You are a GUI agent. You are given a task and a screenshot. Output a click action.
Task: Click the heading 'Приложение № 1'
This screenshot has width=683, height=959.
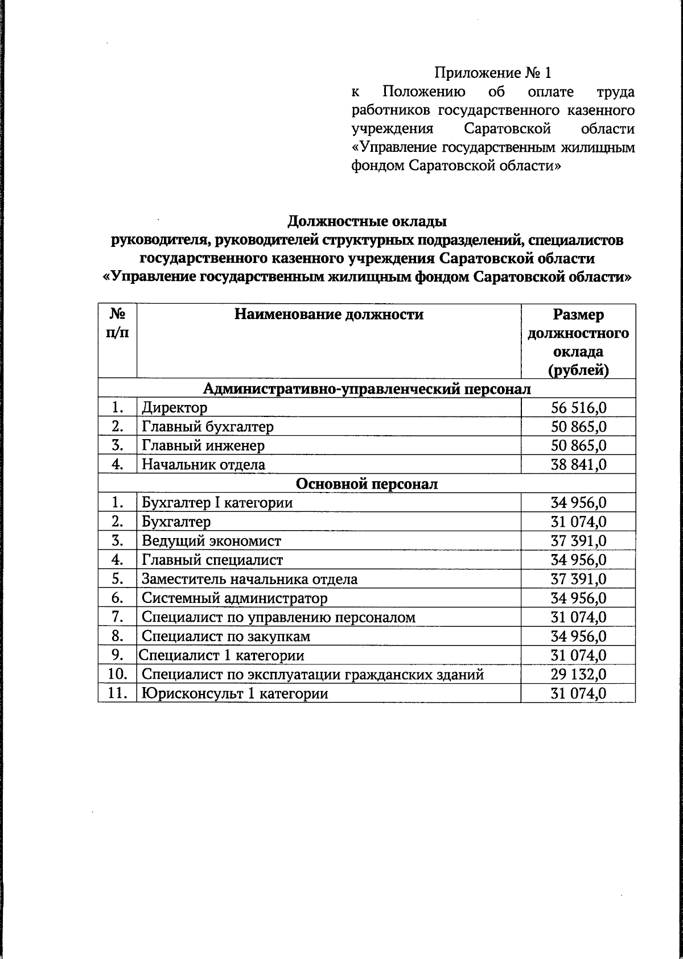[x=493, y=73]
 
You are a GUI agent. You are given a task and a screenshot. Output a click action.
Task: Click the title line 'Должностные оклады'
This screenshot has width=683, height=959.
[x=367, y=221]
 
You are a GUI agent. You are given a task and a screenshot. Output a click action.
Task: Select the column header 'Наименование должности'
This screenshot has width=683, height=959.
[x=329, y=315]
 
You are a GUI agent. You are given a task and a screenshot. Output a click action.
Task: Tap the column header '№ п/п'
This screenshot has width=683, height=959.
[x=117, y=323]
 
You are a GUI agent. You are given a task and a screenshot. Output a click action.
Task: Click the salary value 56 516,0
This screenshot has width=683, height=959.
[x=578, y=407]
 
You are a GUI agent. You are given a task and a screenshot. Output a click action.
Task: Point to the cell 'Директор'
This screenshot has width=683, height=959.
[x=175, y=407]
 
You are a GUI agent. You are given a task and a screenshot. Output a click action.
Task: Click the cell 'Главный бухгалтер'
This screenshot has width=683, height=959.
[x=208, y=426]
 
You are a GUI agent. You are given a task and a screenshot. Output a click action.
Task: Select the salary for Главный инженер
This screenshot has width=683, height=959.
[x=578, y=445]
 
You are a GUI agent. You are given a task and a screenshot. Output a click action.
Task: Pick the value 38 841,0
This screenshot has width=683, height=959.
[x=578, y=465]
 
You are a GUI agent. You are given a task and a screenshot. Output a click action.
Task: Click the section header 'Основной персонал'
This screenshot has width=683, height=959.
[x=367, y=484]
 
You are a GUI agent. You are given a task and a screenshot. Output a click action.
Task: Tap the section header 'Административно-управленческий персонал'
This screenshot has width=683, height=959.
[x=367, y=388]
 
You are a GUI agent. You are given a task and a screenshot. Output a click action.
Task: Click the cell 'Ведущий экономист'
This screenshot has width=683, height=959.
[x=211, y=541]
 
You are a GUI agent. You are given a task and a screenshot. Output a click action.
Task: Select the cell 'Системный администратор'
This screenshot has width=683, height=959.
[x=234, y=598]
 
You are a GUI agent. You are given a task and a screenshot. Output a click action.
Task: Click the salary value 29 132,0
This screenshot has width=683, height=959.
[x=578, y=675]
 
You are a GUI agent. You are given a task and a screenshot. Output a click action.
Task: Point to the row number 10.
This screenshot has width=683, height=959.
[x=117, y=675]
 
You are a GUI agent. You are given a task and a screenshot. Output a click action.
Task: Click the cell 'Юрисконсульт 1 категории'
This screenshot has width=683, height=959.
[x=234, y=694]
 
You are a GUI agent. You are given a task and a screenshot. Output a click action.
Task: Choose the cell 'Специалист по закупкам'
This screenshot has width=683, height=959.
[x=226, y=636]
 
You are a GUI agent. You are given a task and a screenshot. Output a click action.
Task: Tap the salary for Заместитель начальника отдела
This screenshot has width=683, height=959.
[x=578, y=579]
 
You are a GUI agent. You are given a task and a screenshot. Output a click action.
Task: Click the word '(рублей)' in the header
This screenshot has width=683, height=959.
[x=578, y=370]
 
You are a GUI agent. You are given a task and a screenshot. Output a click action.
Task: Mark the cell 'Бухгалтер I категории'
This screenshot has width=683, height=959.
[x=217, y=503]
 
